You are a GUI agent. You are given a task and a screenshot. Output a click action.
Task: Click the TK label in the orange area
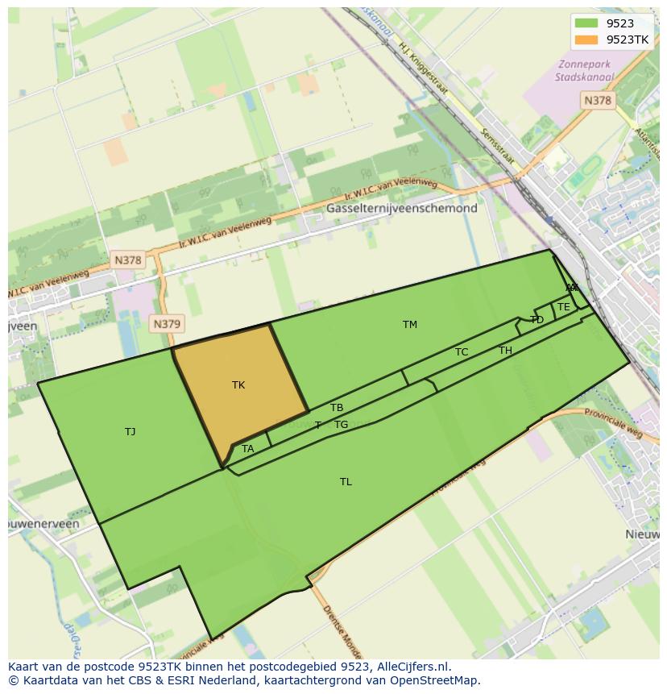238,385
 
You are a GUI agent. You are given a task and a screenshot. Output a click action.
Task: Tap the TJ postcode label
130,432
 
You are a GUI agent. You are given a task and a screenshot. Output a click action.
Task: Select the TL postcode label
346,482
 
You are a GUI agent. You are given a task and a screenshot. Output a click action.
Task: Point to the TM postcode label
410,325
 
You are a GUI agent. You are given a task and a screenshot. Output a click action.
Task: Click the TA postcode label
248,449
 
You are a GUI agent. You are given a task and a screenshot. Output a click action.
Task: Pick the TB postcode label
337,408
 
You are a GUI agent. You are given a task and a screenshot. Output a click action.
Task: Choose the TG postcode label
342,425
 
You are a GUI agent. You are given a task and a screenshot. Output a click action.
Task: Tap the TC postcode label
462,352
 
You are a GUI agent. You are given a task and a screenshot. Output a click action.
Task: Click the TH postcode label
505,351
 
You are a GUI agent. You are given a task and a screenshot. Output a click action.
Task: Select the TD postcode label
537,320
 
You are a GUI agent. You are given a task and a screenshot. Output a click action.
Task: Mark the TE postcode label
564,307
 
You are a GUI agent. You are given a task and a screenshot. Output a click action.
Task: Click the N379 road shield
167,324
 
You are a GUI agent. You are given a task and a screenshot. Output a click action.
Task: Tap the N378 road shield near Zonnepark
597,100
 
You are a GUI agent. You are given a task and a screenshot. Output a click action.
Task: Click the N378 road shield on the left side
127,260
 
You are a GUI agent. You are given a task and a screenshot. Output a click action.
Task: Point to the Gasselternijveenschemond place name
401,208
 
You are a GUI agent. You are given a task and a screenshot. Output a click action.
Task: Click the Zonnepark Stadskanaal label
584,71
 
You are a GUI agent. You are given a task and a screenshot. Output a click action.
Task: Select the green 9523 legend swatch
586,23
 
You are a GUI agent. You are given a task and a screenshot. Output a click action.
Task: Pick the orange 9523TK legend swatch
586,39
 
